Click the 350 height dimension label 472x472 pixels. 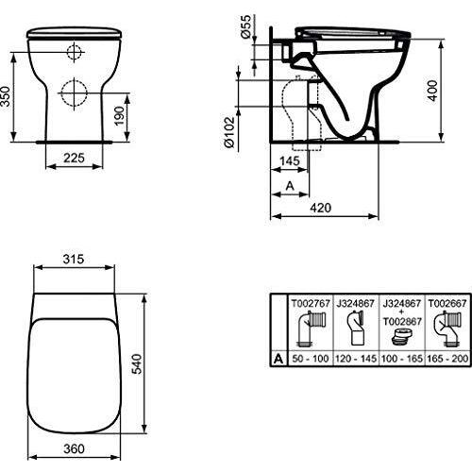coord(6,96)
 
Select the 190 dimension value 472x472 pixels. coord(119,116)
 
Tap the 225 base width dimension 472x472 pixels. coord(74,158)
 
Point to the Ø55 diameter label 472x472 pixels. coord(246,26)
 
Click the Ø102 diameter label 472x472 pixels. coord(229,132)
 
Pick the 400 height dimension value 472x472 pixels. coord(433,91)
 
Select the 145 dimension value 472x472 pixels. coord(290,160)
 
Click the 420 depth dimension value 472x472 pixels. coord(321,208)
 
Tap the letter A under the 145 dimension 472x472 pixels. coord(290,186)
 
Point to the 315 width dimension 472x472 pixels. coord(74,259)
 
